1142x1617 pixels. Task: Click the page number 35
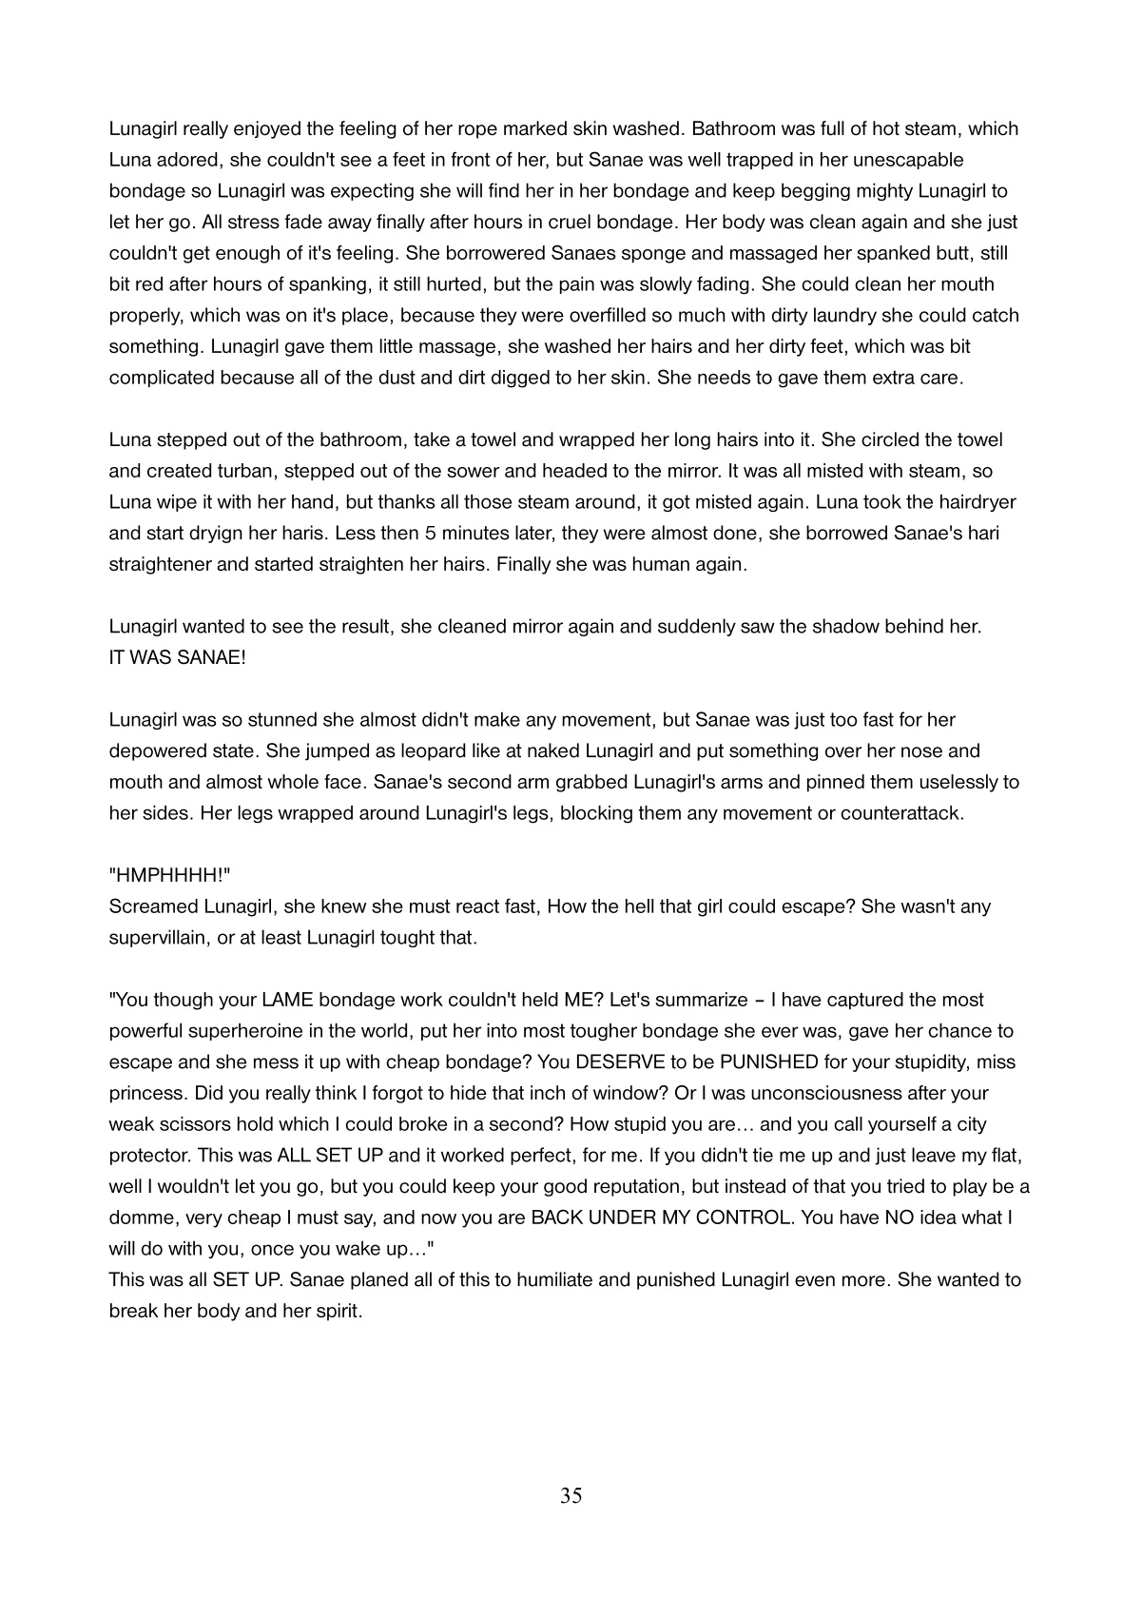(x=571, y=1496)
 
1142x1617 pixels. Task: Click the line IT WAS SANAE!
(x=178, y=657)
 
